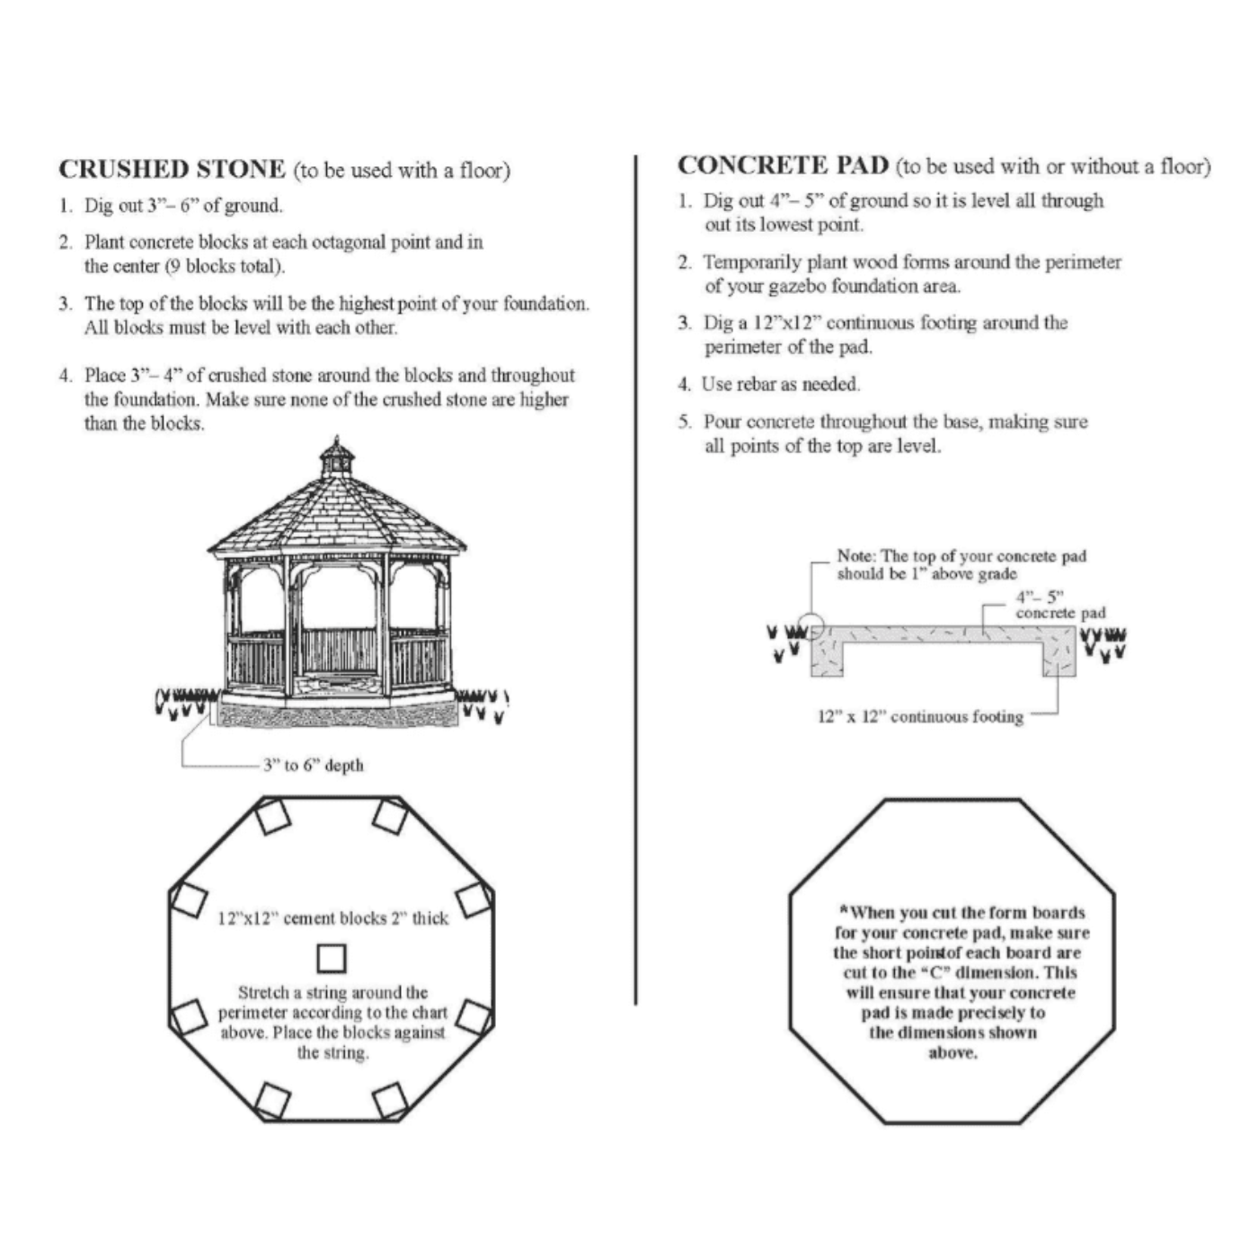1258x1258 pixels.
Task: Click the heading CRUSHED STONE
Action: pyautogui.click(x=172, y=170)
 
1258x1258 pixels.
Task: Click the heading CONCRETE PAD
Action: pyautogui.click(x=783, y=166)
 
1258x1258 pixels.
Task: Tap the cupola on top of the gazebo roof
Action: pyautogui.click(x=337, y=457)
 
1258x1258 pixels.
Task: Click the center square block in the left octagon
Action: pyautogui.click(x=332, y=958)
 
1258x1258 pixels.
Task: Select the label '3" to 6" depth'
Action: pyautogui.click(x=313, y=766)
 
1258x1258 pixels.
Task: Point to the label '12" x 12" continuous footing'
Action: pyautogui.click(x=920, y=717)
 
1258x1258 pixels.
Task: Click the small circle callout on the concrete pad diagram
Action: pyautogui.click(x=811, y=626)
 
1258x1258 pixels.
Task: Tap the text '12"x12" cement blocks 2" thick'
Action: pyautogui.click(x=332, y=918)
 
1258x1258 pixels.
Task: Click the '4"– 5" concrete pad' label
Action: pyautogui.click(x=1059, y=605)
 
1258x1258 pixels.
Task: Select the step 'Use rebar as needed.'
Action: pyautogui.click(x=780, y=385)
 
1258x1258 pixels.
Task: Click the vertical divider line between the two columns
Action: pyautogui.click(x=636, y=575)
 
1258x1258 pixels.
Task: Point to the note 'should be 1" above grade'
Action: pyautogui.click(x=926, y=574)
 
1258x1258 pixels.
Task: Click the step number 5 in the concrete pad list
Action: pyautogui.click(x=684, y=422)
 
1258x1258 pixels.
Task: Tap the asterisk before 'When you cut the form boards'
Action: pyautogui.click(x=845, y=910)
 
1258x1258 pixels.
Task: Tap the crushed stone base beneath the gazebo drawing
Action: pyautogui.click(x=337, y=717)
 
